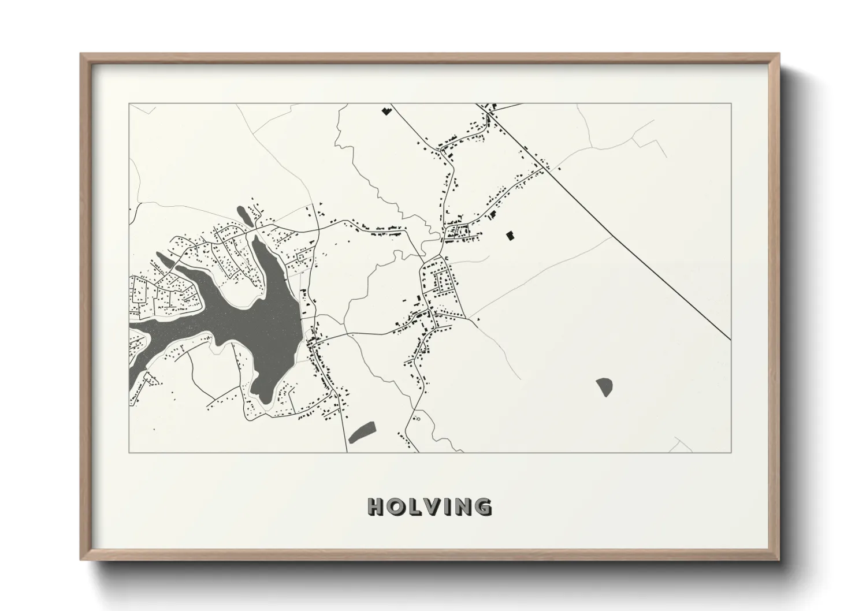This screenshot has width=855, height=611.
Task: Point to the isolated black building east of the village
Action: (510, 235)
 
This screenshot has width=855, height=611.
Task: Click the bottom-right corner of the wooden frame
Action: (779, 560)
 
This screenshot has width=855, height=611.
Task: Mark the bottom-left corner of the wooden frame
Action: (81, 560)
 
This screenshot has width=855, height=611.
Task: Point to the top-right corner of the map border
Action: (731, 103)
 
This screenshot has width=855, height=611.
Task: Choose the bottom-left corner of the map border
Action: (129, 452)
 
